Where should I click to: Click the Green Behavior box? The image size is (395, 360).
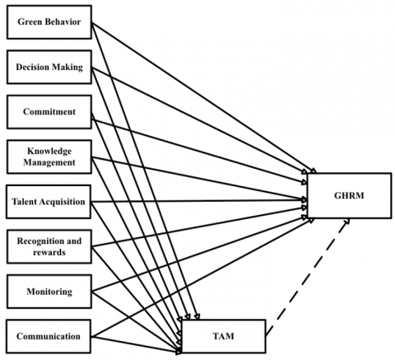pos(49,22)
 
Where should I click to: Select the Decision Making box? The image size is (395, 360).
pos(49,67)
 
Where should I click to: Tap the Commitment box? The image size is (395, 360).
pos(49,112)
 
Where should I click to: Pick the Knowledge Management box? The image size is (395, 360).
pos(49,157)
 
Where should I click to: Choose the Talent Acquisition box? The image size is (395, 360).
pos(49,202)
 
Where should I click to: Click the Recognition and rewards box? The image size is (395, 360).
pos(49,246)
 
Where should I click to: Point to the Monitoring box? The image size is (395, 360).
pos(49,292)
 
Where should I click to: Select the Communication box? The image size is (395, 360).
pos(49,336)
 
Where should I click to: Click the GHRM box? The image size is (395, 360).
pos(349,195)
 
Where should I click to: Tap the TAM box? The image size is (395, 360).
pos(224,336)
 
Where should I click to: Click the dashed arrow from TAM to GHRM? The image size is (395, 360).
pos(307,277)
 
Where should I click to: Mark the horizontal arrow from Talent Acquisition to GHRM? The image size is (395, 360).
pos(199,201)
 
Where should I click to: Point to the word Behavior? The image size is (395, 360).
pos(65,21)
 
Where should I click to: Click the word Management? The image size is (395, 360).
pos(49,162)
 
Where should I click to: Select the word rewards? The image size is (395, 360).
pos(49,252)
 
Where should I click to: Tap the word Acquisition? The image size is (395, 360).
pos(62,202)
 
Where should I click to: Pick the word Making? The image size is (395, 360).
pos(67,67)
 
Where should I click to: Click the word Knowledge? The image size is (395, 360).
pos(49,151)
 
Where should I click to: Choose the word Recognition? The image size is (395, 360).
pos(41,241)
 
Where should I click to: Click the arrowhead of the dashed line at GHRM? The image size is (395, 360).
pos(346,221)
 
